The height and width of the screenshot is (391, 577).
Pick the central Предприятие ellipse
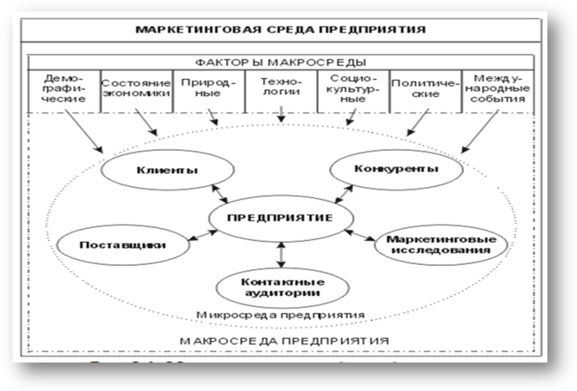point(280,219)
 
